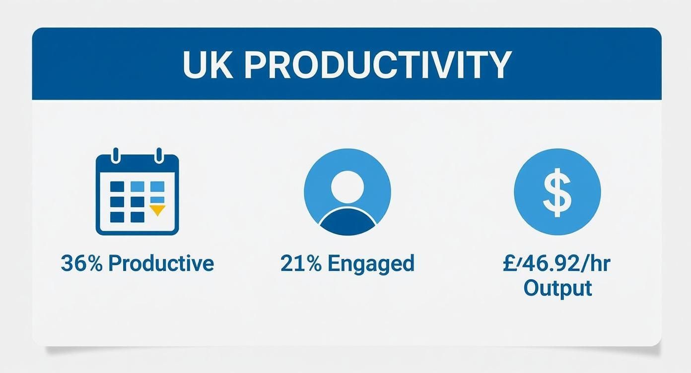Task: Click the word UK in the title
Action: [x=207, y=64]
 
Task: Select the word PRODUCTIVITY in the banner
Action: [x=377, y=64]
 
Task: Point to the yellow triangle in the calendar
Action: [x=157, y=210]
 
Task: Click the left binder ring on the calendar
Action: [x=117, y=155]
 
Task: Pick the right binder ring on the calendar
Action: [x=158, y=155]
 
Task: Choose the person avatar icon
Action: [x=347, y=191]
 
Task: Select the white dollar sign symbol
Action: [x=557, y=191]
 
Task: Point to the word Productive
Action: [x=161, y=263]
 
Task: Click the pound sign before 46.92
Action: [x=509, y=263]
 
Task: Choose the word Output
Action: [x=557, y=288]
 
